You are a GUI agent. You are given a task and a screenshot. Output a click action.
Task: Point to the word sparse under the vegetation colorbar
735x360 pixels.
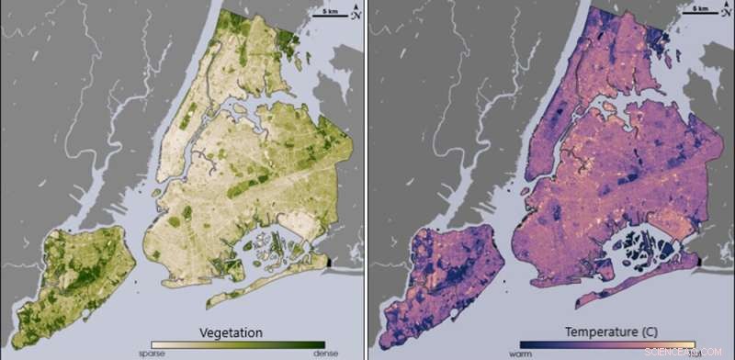click(x=151, y=353)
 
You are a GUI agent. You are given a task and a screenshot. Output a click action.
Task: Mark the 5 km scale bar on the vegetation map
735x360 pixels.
click(x=332, y=12)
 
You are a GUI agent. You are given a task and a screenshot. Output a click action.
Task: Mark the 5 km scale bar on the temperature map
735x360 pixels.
click(x=700, y=12)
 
